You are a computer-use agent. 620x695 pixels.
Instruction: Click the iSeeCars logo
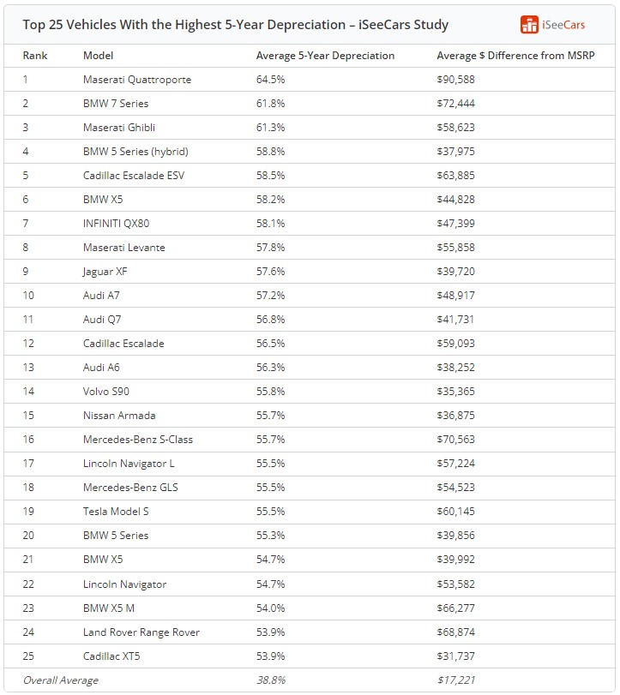click(x=553, y=25)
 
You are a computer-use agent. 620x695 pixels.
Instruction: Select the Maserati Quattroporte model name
click(x=137, y=80)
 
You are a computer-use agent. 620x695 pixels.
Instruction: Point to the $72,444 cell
click(x=455, y=104)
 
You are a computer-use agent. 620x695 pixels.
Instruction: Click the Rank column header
click(x=35, y=56)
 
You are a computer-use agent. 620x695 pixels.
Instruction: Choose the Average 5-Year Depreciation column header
click(x=325, y=56)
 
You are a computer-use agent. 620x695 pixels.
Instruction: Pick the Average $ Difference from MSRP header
click(x=515, y=56)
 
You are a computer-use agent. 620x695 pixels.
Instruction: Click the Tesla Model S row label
click(x=116, y=512)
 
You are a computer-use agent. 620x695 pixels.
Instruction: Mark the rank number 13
click(x=29, y=368)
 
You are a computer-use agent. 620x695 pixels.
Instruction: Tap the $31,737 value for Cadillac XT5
click(x=455, y=656)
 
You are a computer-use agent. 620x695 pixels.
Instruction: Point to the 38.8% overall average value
click(x=270, y=680)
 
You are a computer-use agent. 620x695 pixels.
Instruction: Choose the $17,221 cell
click(x=455, y=680)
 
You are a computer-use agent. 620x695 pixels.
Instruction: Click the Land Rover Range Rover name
click(x=141, y=632)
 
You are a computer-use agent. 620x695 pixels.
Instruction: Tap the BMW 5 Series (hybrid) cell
click(x=135, y=152)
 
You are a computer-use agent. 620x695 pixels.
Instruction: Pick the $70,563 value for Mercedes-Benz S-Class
click(x=455, y=440)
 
